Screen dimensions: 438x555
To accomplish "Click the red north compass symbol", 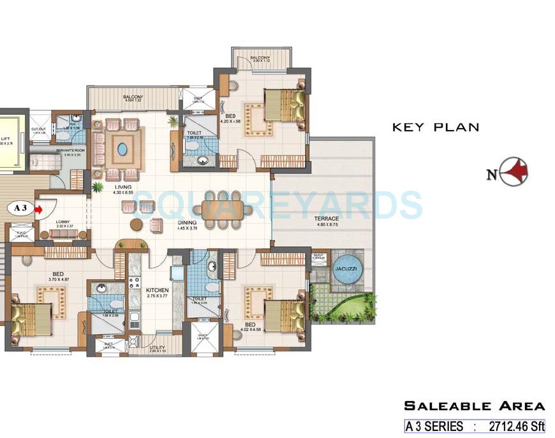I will (x=515, y=172).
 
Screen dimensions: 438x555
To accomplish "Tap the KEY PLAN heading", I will (x=435, y=127).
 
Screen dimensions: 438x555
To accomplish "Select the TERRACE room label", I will (x=327, y=219).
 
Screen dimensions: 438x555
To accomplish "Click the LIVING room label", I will (x=122, y=186).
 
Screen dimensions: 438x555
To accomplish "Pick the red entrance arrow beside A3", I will (x=40, y=208).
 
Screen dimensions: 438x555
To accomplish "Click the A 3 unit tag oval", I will (x=19, y=208).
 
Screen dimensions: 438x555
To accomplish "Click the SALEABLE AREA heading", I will (x=475, y=405).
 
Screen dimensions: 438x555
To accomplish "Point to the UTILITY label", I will (x=158, y=347).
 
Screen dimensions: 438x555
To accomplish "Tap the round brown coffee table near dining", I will (x=137, y=224).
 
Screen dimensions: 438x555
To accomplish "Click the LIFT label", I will (x=5, y=138).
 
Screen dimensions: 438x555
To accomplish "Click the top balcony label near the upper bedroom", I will (x=260, y=58).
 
